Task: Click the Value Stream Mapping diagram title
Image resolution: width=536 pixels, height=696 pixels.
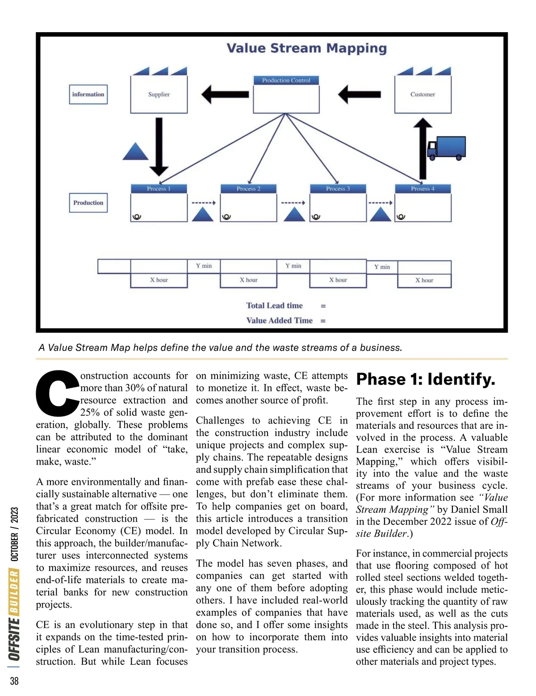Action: (306, 48)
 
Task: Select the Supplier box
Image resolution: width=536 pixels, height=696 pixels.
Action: (159, 94)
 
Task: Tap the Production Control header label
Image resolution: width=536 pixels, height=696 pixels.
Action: (286, 80)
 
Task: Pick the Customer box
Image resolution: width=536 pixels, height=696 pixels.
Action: (423, 94)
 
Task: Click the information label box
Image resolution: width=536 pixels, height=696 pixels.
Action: (88, 94)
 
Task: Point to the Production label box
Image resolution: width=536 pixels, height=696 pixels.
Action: (88, 203)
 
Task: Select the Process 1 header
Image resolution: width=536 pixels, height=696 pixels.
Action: (159, 189)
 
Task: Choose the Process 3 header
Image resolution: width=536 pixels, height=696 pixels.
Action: (338, 189)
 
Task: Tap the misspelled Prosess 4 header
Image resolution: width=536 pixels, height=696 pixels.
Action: (423, 189)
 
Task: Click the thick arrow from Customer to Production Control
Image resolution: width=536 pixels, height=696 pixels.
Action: (360, 94)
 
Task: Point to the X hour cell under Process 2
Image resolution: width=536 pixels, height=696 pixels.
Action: (248, 280)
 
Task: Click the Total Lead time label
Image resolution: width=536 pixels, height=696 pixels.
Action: (274, 306)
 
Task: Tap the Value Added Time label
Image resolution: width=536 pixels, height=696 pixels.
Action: (279, 320)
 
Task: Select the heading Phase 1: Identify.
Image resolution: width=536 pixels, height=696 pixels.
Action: (426, 379)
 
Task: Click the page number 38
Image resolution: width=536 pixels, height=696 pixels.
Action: (14, 681)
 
